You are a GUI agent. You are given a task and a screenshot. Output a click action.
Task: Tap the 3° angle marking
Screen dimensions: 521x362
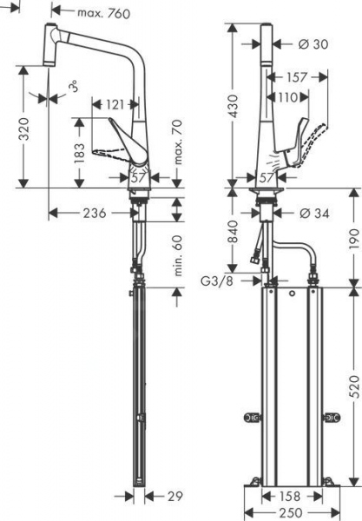click(74, 88)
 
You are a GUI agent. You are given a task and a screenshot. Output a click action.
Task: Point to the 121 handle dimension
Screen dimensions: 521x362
click(114, 105)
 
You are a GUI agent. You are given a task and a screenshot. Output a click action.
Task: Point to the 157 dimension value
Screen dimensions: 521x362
click(298, 78)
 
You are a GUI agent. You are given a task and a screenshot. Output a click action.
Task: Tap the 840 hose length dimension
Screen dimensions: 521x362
click(233, 229)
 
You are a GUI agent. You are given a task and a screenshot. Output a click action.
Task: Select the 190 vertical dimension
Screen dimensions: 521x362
click(353, 237)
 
